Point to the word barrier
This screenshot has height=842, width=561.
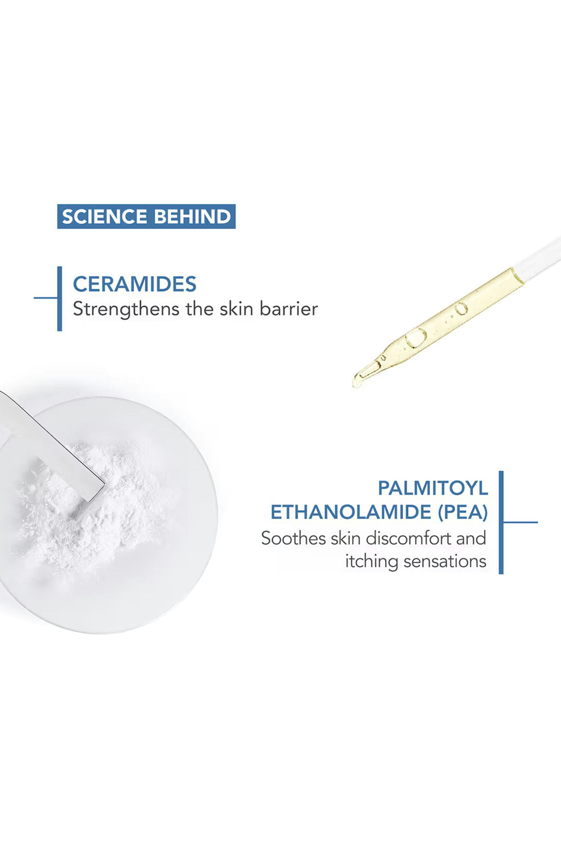(x=289, y=309)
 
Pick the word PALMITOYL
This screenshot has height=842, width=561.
(x=433, y=488)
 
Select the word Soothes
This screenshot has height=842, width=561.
(x=293, y=538)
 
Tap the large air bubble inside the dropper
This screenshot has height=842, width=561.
(x=416, y=338)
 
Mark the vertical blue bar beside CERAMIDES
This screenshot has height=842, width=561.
(x=59, y=299)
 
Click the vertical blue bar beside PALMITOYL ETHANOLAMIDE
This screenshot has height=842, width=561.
(x=501, y=522)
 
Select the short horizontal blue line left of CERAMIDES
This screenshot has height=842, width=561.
(x=45, y=298)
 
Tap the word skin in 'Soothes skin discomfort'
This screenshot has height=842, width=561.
(x=345, y=538)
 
